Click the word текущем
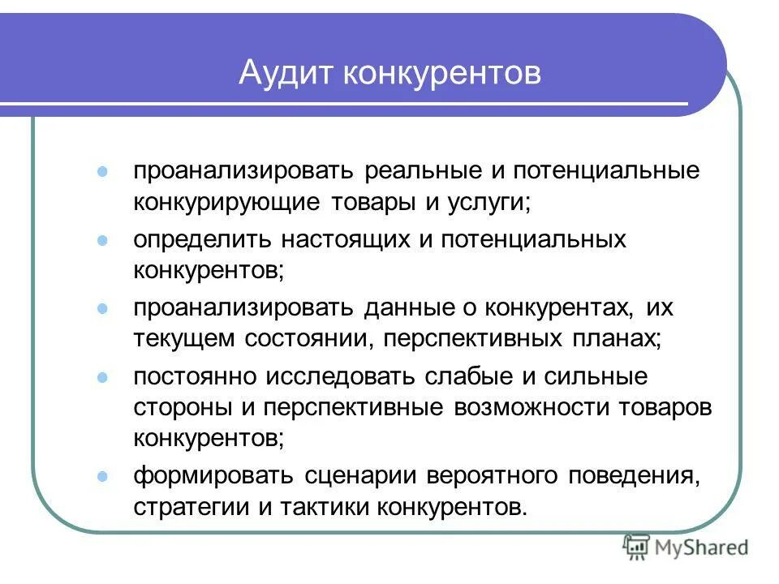pyautogui.click(x=179, y=337)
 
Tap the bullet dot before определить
pyautogui.click(x=102, y=240)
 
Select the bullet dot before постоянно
pyautogui.click(x=102, y=377)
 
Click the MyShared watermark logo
pyautogui.click(x=686, y=548)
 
